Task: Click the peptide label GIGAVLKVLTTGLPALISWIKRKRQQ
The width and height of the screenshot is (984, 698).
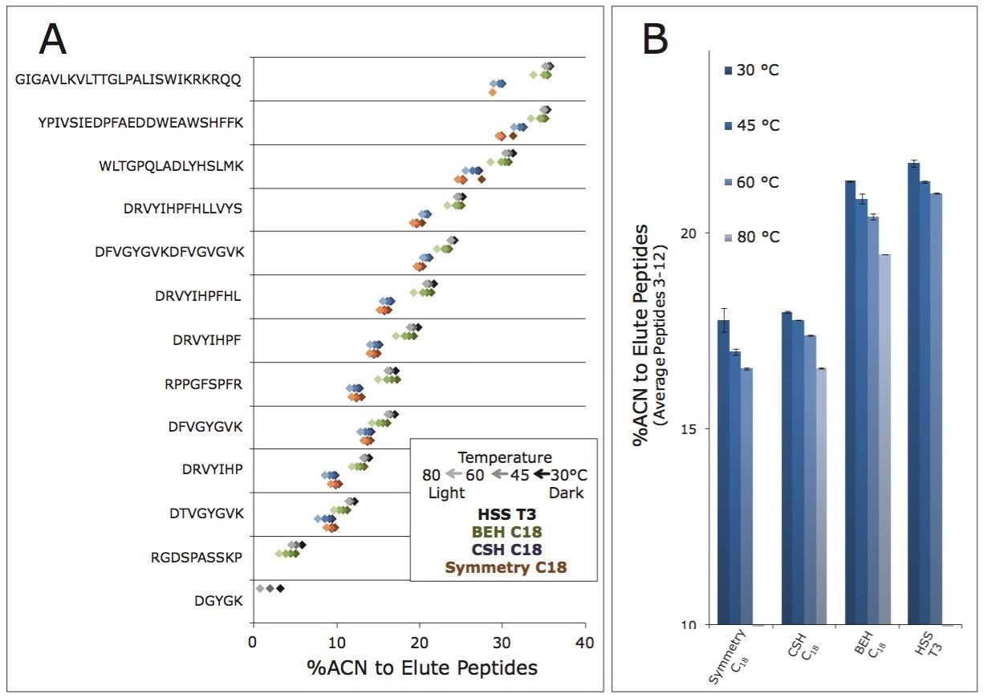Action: pyautogui.click(x=128, y=79)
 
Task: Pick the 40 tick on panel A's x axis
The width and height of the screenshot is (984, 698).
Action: pyautogui.click(x=585, y=642)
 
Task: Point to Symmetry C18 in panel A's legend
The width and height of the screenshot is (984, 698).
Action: pyautogui.click(x=505, y=568)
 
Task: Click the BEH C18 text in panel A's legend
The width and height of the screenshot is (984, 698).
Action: pyautogui.click(x=505, y=532)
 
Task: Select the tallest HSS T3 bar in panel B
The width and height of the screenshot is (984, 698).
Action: pyautogui.click(x=913, y=393)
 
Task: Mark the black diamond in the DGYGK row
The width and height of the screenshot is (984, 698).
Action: pyautogui.click(x=280, y=589)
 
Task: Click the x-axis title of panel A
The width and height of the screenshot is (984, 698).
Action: pyautogui.click(x=421, y=668)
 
